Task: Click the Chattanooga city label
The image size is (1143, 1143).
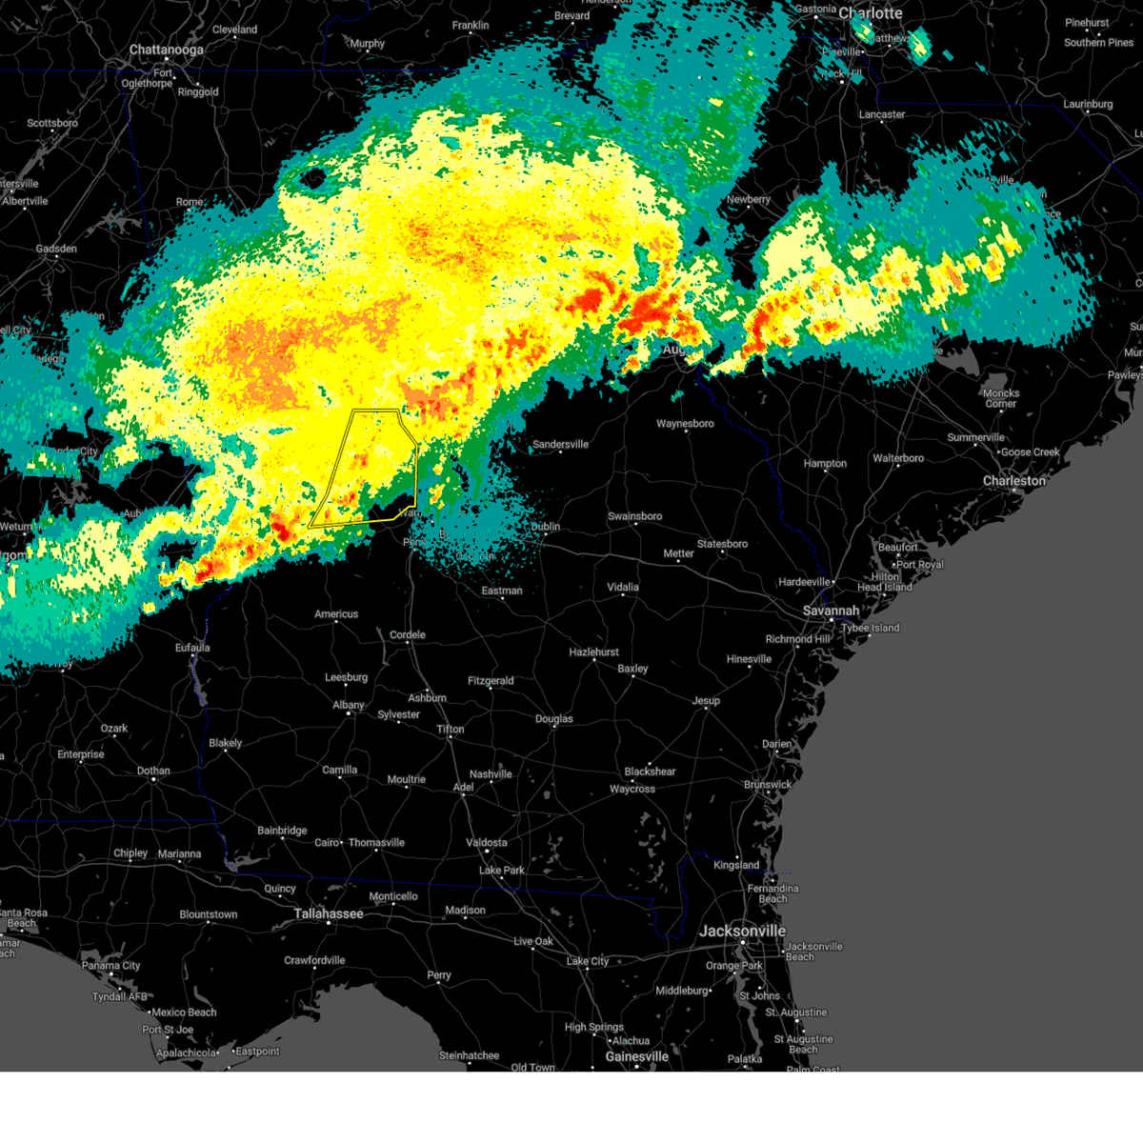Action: (167, 50)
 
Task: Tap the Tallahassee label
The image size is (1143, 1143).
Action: (329, 913)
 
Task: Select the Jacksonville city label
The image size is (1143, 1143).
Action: (743, 931)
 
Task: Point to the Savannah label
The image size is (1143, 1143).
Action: (831, 611)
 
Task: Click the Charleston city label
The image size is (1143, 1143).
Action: (1014, 481)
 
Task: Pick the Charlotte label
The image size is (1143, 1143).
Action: (871, 13)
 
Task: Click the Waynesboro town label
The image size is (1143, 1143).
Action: (685, 424)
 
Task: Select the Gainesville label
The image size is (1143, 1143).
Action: (637, 1056)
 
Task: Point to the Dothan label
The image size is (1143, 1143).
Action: (153, 771)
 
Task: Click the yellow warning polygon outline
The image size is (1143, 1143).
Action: (416, 467)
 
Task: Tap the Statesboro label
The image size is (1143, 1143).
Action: (722, 544)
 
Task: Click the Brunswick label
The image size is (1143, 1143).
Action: (768, 785)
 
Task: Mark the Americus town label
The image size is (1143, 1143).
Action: (336, 614)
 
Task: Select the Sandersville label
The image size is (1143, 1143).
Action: (560, 445)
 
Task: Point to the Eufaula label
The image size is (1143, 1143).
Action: (192, 648)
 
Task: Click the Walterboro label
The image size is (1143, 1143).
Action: (898, 458)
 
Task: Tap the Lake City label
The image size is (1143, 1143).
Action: (587, 961)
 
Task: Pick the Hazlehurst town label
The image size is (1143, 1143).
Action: (593, 652)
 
